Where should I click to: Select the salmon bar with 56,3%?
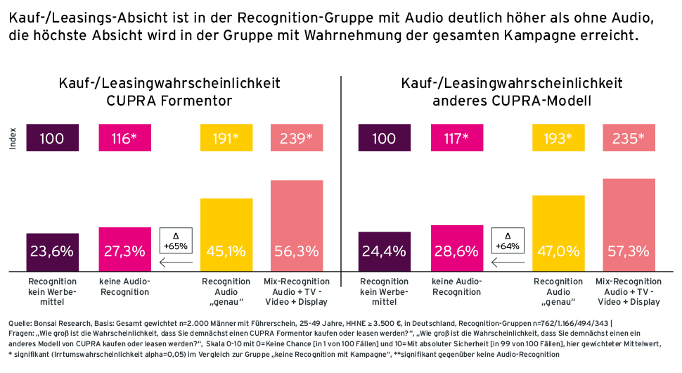coord(297,226)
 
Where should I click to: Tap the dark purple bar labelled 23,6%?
coord(52,252)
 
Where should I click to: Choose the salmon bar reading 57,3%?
coord(629,225)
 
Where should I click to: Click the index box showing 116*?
coord(124,138)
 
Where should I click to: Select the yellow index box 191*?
coord(226,138)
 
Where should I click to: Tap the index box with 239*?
coord(297,138)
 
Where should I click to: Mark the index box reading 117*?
coord(456,138)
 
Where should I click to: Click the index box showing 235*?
coord(629,138)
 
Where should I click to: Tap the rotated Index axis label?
coord(12,138)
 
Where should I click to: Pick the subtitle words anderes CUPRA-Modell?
coord(511,101)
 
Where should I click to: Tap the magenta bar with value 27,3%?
coord(124,249)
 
